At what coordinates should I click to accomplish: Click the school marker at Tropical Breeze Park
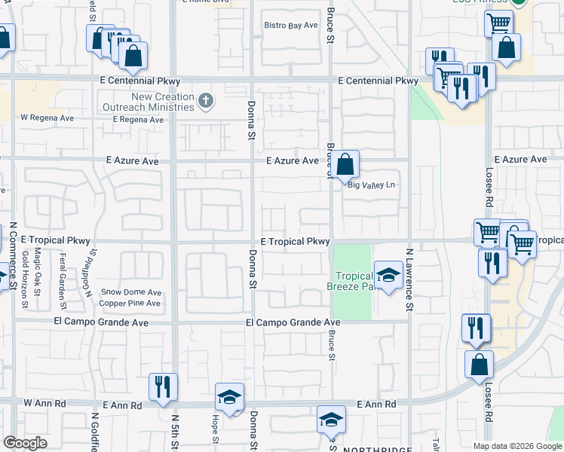tap(388, 276)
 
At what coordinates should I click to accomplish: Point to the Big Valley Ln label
tap(371, 185)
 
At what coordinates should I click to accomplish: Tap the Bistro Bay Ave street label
tap(291, 26)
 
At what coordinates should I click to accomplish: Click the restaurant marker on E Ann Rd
tap(163, 386)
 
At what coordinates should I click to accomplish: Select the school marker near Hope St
tap(229, 397)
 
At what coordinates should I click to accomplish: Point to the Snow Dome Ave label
tap(132, 292)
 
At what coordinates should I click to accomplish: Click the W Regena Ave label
tap(47, 118)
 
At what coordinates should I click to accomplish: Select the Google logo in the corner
tap(25, 443)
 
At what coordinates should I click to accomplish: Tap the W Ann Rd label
tap(41, 405)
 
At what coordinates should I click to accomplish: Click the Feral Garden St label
tap(63, 272)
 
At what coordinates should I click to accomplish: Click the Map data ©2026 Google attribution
tap(516, 446)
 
